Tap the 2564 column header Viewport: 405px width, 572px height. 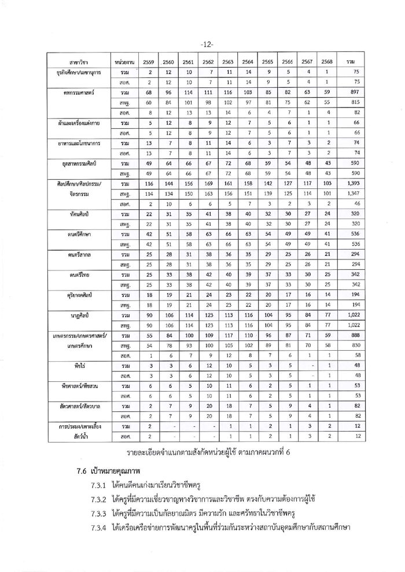tap(247, 62)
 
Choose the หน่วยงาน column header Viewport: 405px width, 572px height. tap(123, 62)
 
